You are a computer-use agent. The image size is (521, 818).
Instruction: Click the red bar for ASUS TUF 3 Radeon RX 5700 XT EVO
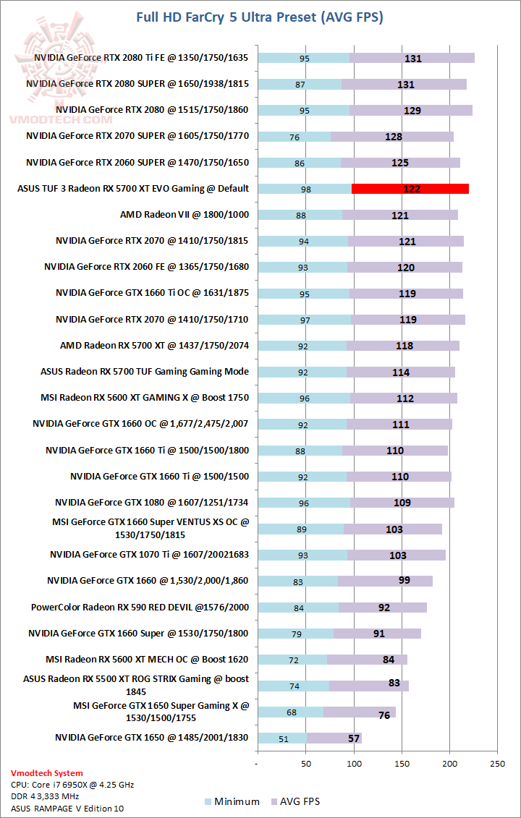coord(410,189)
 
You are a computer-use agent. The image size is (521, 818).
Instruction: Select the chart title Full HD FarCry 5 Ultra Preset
coord(260,17)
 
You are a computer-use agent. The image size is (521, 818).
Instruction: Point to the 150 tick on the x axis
coord(402,764)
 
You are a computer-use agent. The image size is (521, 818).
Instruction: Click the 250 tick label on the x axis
coord(497,764)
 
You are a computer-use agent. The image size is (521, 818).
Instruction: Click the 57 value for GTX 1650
coord(354,738)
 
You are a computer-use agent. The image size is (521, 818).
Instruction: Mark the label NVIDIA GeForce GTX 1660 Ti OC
coord(152,293)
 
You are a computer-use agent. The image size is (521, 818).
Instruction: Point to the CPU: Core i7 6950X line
coord(73,784)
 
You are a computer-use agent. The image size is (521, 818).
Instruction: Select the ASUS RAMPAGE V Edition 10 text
coord(67,808)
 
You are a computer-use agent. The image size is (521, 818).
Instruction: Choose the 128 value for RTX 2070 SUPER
coord(394,137)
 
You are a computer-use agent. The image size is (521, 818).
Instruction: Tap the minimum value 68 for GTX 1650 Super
coord(292,712)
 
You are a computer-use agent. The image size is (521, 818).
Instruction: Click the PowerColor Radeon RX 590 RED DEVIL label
coord(140,608)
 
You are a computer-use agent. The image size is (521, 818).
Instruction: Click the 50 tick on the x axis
coord(306,764)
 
